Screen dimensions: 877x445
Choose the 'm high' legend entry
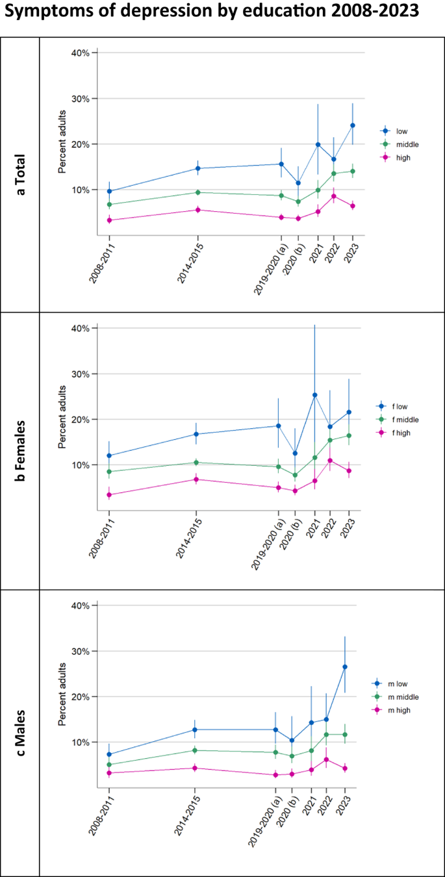(x=403, y=710)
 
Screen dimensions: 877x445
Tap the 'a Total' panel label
(x=19, y=173)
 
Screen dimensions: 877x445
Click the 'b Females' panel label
(x=19, y=451)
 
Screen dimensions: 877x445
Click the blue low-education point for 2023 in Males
(x=345, y=667)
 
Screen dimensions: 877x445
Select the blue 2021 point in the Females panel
(x=314, y=395)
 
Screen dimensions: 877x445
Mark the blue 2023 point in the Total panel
(x=353, y=125)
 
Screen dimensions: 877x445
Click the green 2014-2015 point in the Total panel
(x=197, y=192)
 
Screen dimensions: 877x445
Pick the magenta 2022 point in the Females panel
(x=330, y=461)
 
